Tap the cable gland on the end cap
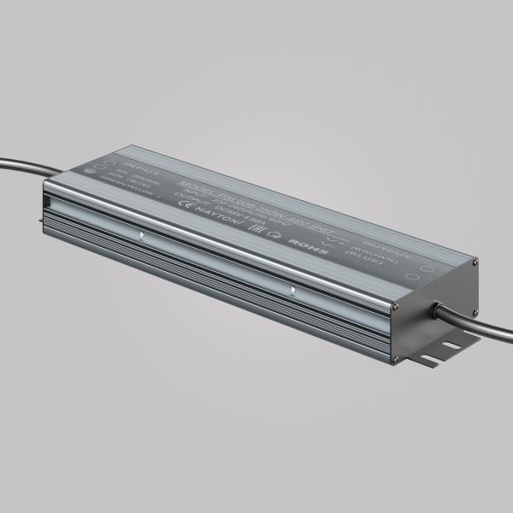[x=438, y=309]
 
